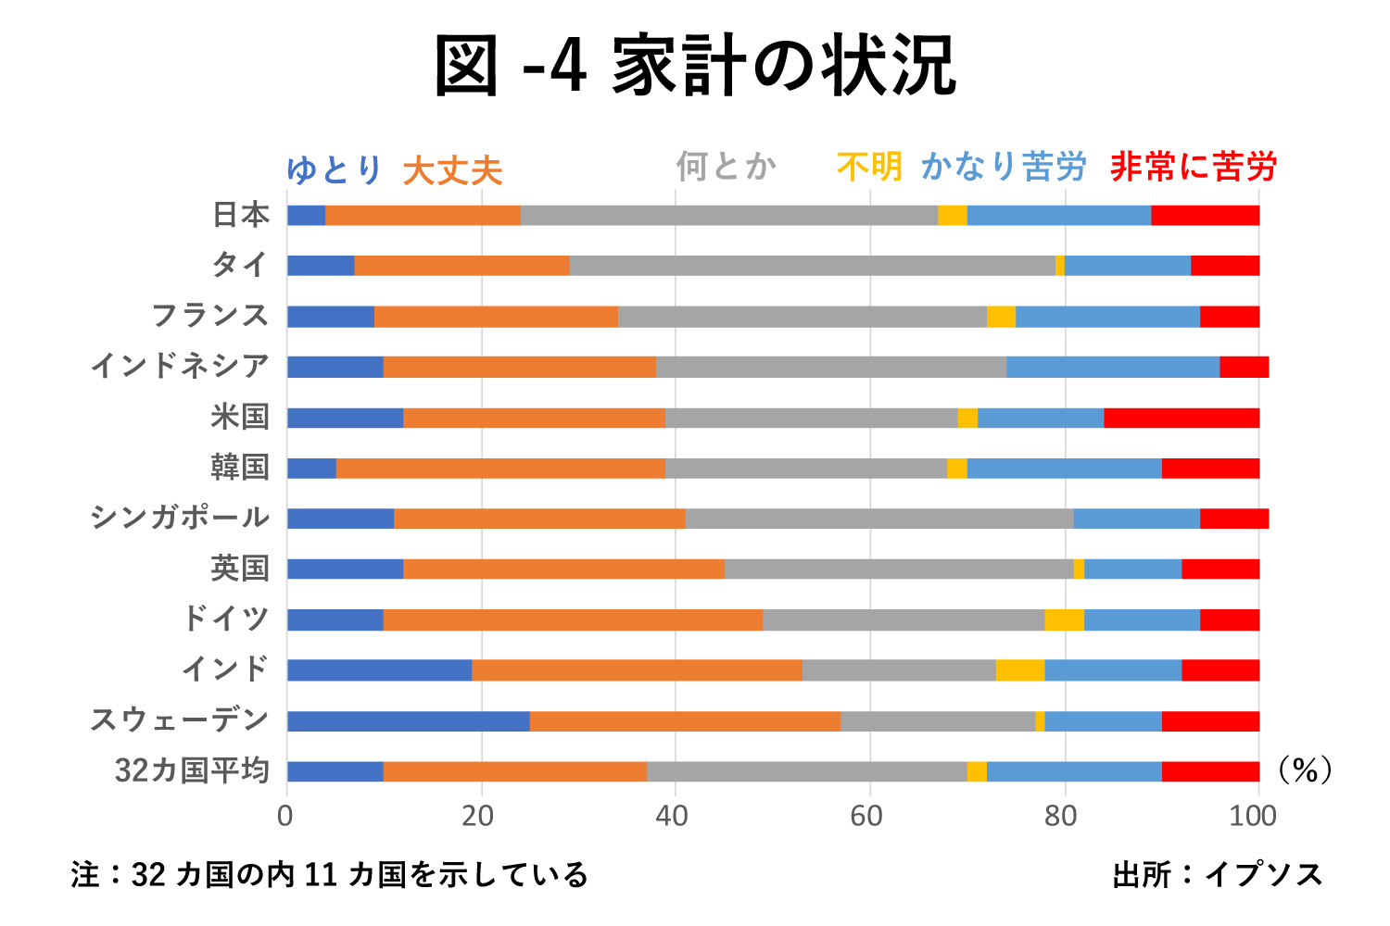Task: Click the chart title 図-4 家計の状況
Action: pyautogui.click(x=695, y=67)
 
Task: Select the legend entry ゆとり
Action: pyautogui.click(x=334, y=169)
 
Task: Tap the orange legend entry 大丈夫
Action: pyautogui.click(x=452, y=171)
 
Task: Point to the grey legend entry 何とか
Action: pyautogui.click(x=726, y=167)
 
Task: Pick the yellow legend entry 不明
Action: pyautogui.click(x=868, y=167)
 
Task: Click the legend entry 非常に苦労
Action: pyautogui.click(x=1193, y=167)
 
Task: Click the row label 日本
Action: pyautogui.click(x=241, y=215)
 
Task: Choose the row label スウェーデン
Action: pyautogui.click(x=179, y=720)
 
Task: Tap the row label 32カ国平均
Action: pyautogui.click(x=192, y=770)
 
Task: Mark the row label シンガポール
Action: pyautogui.click(x=179, y=518)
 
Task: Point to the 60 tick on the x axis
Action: pyautogui.click(x=869, y=816)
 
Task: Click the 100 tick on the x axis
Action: pyautogui.click(x=1253, y=816)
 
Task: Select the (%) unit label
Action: pyautogui.click(x=1305, y=770)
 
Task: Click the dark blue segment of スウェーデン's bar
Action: pyautogui.click(x=408, y=721)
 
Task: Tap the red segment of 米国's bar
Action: pyautogui.click(x=1181, y=418)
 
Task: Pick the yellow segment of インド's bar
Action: pyautogui.click(x=1019, y=670)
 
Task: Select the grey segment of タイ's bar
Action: pyautogui.click(x=812, y=266)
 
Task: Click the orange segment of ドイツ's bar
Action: pyautogui.click(x=573, y=619)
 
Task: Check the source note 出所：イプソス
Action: pyautogui.click(x=1218, y=874)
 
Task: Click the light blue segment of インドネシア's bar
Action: pyautogui.click(x=1112, y=367)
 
